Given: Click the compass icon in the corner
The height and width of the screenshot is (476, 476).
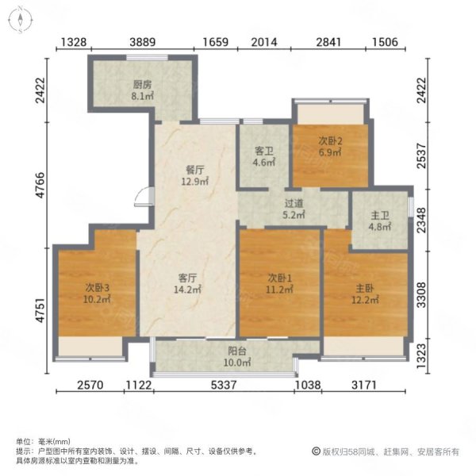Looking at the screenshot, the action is [21, 20].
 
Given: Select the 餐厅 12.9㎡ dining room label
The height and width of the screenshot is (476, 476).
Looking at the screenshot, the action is [195, 176].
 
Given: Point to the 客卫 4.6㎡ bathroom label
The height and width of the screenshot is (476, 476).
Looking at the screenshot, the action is [264, 156].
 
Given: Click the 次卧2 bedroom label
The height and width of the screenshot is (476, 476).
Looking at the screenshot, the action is [330, 141].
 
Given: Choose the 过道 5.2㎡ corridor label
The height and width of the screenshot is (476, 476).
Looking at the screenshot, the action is [294, 209].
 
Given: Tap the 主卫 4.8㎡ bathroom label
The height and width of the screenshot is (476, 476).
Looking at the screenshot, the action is [380, 221].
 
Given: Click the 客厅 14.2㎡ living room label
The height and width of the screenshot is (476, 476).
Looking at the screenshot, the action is [187, 283].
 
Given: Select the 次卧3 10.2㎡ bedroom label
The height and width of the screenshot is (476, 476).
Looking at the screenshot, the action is [97, 294].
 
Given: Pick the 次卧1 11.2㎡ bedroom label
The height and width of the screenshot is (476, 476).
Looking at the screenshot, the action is [279, 283].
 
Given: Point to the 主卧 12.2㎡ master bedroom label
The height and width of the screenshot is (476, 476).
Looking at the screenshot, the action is [365, 294].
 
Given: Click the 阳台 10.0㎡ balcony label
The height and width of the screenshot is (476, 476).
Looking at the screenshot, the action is [237, 357].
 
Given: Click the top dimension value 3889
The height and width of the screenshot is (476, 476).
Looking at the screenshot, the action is [142, 42].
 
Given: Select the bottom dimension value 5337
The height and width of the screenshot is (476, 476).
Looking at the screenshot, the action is [224, 385].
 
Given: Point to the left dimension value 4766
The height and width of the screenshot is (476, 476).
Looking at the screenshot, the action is [40, 185].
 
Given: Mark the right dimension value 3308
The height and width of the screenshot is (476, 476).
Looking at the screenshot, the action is [422, 295].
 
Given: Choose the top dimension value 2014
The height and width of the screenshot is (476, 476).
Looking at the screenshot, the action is [264, 42].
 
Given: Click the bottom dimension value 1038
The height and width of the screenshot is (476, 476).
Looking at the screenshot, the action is [308, 385].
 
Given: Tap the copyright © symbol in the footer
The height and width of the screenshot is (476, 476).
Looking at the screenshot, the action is [316, 451].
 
